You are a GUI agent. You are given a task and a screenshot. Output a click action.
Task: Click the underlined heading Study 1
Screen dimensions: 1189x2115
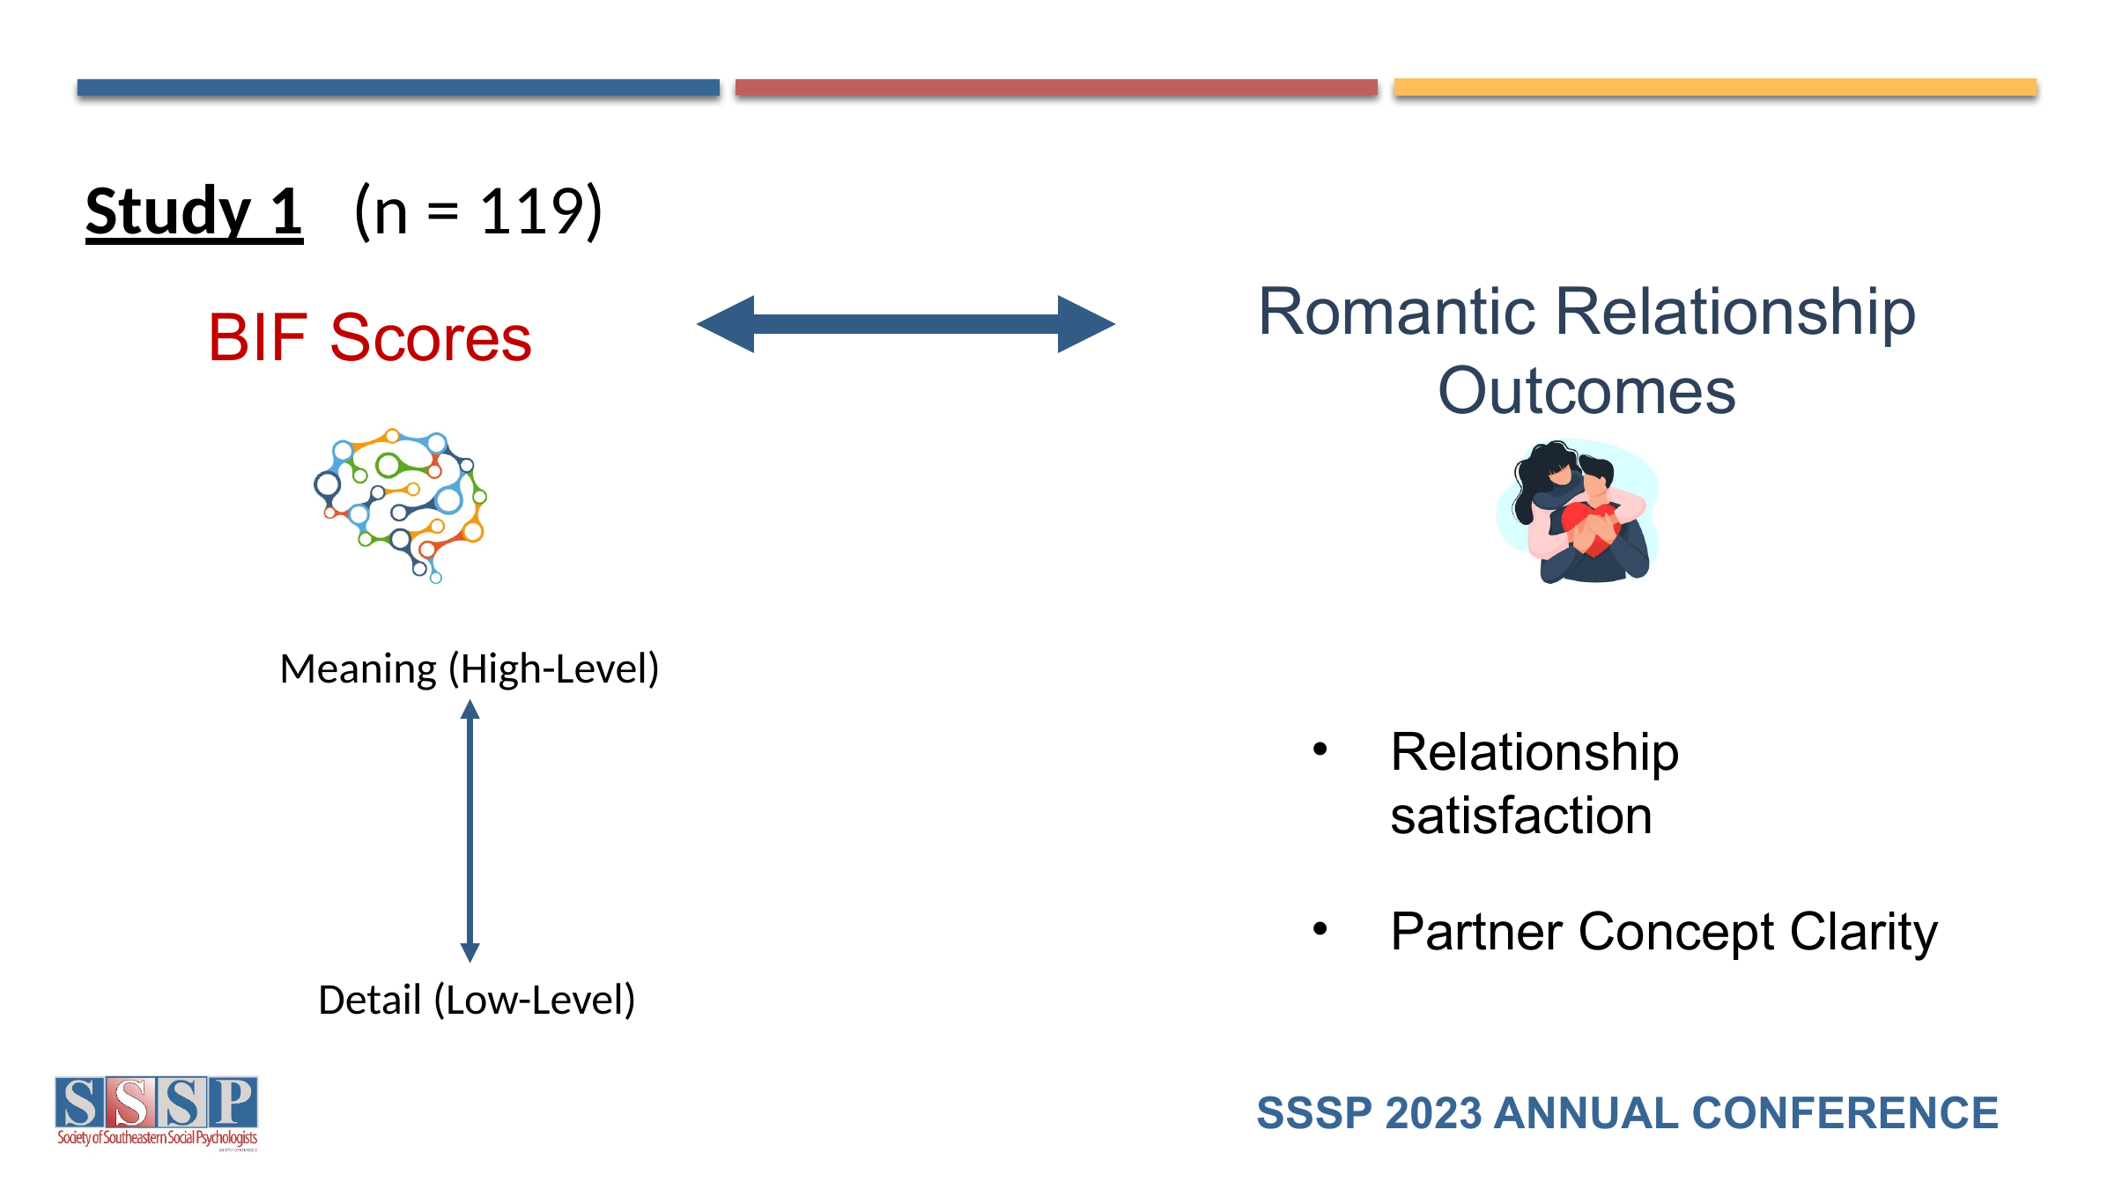tap(194, 212)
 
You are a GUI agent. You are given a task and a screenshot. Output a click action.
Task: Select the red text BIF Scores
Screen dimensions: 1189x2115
tap(370, 337)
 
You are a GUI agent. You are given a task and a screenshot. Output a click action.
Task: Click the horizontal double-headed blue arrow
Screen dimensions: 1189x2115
tap(906, 324)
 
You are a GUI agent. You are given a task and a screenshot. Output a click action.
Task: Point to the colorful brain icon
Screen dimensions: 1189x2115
tap(401, 505)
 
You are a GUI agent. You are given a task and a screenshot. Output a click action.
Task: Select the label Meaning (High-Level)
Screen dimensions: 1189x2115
tap(469, 669)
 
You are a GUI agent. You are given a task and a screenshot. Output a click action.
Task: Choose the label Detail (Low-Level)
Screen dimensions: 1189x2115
tap(477, 1001)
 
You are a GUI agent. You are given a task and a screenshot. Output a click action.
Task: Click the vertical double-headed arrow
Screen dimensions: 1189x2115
tap(470, 831)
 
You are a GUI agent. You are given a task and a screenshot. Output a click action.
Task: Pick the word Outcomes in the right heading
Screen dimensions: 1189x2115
tap(1586, 391)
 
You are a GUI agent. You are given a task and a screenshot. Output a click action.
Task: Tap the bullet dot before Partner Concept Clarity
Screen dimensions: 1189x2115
tap(1320, 928)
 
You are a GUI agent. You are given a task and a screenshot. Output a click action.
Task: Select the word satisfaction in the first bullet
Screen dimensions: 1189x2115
tap(1521, 816)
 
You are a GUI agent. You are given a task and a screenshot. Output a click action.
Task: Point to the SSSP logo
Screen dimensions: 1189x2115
tap(157, 1112)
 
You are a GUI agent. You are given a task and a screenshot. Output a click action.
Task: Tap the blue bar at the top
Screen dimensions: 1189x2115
tap(398, 87)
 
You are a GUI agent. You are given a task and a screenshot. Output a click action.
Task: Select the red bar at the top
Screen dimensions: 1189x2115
tap(1056, 87)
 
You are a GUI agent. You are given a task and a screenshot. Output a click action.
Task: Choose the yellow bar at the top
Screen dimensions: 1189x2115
tap(1714, 87)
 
